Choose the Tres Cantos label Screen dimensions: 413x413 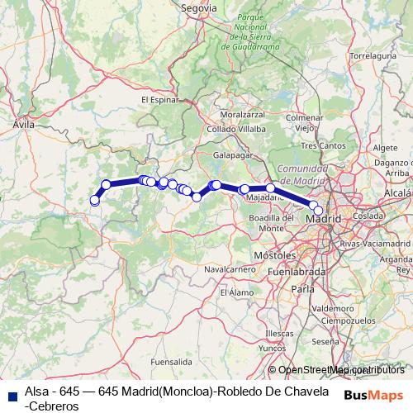321,145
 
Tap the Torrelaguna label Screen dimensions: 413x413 368,57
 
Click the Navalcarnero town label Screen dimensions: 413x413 225,269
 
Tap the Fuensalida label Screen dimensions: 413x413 172,362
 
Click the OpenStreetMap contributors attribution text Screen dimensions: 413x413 341,369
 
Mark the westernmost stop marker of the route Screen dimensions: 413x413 94,201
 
